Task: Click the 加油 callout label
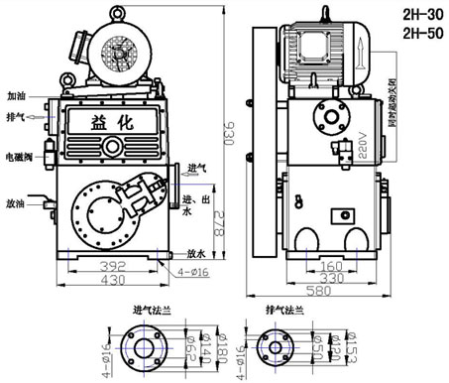(16, 98)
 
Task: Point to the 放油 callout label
(16, 202)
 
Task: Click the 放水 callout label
(195, 254)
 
